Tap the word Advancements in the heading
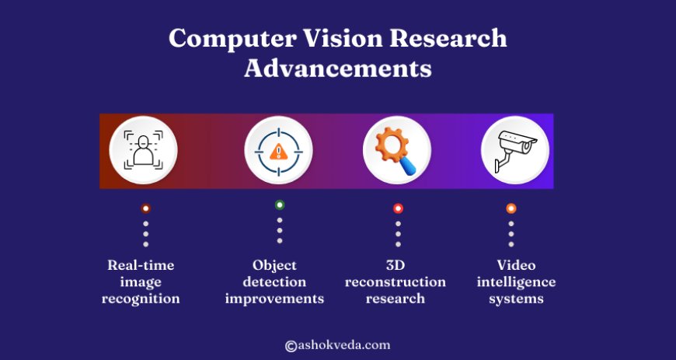click(x=338, y=68)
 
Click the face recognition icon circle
click(x=144, y=150)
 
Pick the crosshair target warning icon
click(x=278, y=150)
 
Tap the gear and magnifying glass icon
click(x=397, y=150)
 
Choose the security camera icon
click(x=514, y=150)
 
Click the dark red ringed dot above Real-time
click(x=145, y=208)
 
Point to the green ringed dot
click(x=280, y=205)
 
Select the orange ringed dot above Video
click(x=510, y=208)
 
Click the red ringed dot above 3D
click(x=398, y=208)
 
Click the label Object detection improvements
click(x=274, y=281)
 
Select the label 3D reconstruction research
click(x=395, y=281)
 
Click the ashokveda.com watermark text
click(x=344, y=344)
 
